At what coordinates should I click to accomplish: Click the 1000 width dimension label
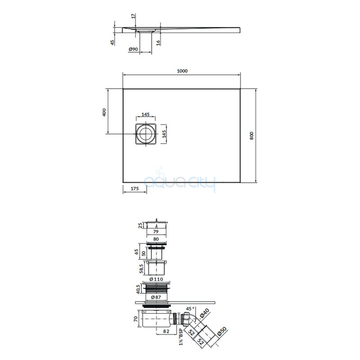tap(182, 71)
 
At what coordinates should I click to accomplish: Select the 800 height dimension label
tap(252, 136)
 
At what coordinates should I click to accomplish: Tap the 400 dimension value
tap(104, 112)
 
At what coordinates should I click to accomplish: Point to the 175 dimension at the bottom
tap(135, 189)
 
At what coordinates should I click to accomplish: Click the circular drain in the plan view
tap(145, 134)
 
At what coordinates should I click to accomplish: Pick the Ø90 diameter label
tap(133, 49)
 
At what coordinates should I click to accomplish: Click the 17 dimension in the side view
tap(133, 16)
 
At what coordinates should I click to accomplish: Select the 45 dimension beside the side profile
tap(112, 42)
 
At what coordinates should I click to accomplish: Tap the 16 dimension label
tap(158, 43)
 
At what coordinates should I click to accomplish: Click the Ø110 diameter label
tap(156, 279)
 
